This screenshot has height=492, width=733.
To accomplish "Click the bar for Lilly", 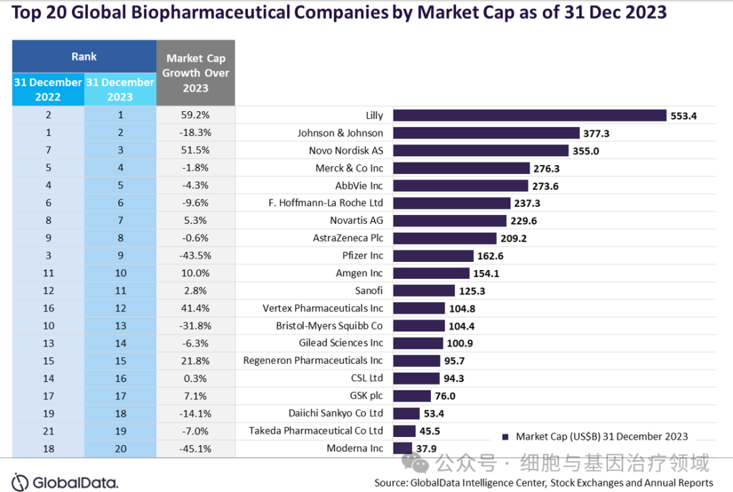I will [x=529, y=116].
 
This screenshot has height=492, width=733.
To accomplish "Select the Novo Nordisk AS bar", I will [x=481, y=151].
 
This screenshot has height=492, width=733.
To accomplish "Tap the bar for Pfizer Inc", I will [x=433, y=256].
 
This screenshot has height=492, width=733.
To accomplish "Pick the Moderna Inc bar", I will [x=402, y=448].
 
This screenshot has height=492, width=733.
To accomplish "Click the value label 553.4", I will [x=684, y=116].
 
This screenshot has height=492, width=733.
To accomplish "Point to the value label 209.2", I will [x=514, y=238].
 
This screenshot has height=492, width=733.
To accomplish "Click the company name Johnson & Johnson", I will [x=340, y=133].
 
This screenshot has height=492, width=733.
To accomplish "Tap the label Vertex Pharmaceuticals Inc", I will [x=322, y=308].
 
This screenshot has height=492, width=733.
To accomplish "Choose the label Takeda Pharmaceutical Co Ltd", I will [x=316, y=430].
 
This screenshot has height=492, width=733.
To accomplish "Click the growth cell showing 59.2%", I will [x=195, y=116].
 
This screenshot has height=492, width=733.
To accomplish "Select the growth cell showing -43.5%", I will [x=195, y=256].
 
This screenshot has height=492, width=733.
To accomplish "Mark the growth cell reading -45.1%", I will [x=195, y=448].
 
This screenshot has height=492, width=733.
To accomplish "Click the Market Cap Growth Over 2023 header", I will [x=197, y=73].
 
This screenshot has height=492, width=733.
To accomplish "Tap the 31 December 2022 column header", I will [x=48, y=90].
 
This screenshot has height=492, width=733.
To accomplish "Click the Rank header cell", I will [x=84, y=57].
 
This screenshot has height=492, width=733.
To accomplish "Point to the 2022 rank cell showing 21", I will [x=48, y=430].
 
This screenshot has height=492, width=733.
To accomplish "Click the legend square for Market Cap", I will [x=505, y=436].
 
